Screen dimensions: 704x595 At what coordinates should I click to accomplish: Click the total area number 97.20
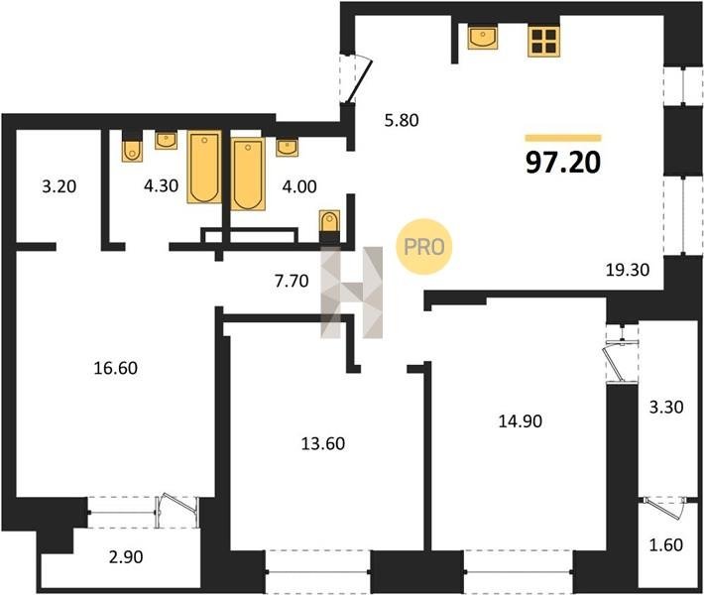pyautogui.click(x=563, y=162)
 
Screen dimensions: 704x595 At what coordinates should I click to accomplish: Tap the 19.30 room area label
pyautogui.click(x=628, y=270)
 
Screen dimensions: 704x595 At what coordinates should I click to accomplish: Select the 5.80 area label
pyautogui.click(x=402, y=120)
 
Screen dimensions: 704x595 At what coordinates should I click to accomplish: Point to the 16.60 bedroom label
pyautogui.click(x=116, y=368)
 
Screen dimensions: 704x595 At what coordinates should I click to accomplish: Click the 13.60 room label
pyautogui.click(x=323, y=443)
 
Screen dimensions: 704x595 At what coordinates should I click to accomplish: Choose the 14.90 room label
pyautogui.click(x=521, y=421)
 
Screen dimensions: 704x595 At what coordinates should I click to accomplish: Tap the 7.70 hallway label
pyautogui.click(x=292, y=281)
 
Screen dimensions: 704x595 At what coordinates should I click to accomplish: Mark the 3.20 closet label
pyautogui.click(x=59, y=185)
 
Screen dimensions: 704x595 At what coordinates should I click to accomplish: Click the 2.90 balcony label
pyautogui.click(x=126, y=557)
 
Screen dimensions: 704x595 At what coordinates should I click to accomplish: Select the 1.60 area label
pyautogui.click(x=666, y=544)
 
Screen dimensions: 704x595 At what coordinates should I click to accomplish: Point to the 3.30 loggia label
pyautogui.click(x=666, y=408)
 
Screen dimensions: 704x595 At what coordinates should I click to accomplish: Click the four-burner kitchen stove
pyautogui.click(x=544, y=42)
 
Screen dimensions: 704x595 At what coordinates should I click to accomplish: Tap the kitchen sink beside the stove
pyautogui.click(x=483, y=38)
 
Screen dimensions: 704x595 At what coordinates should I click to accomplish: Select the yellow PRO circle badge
pyautogui.click(x=423, y=247)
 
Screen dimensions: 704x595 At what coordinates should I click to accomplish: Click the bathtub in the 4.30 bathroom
pyautogui.click(x=204, y=167)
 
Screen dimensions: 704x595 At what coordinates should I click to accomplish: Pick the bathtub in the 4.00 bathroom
pyautogui.click(x=248, y=174)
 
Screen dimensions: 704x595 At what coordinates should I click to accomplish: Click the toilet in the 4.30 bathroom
pyautogui.click(x=132, y=150)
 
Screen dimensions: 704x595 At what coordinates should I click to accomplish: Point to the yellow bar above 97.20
pyautogui.click(x=563, y=138)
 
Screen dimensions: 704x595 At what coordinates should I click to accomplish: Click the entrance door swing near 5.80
pyautogui.click(x=360, y=80)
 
